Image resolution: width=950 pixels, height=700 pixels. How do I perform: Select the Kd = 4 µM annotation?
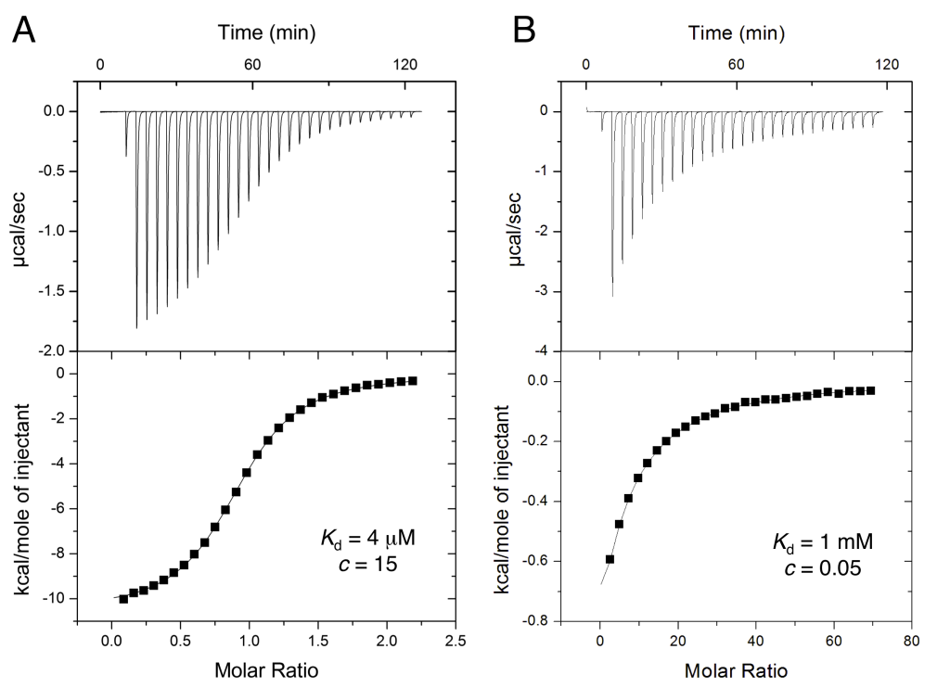(x=355, y=538)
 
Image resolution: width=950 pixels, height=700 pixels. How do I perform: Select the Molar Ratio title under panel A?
(x=265, y=669)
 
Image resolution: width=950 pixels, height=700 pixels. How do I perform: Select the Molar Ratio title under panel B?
(x=738, y=669)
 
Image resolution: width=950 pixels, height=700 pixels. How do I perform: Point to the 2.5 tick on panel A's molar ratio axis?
(x=455, y=640)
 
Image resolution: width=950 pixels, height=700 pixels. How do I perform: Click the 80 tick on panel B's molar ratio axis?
(x=912, y=640)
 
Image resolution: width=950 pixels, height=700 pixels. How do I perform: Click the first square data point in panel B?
(x=610, y=559)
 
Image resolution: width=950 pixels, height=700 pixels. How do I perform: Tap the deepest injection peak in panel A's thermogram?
(x=136, y=326)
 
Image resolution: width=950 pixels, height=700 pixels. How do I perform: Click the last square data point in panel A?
(x=412, y=381)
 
